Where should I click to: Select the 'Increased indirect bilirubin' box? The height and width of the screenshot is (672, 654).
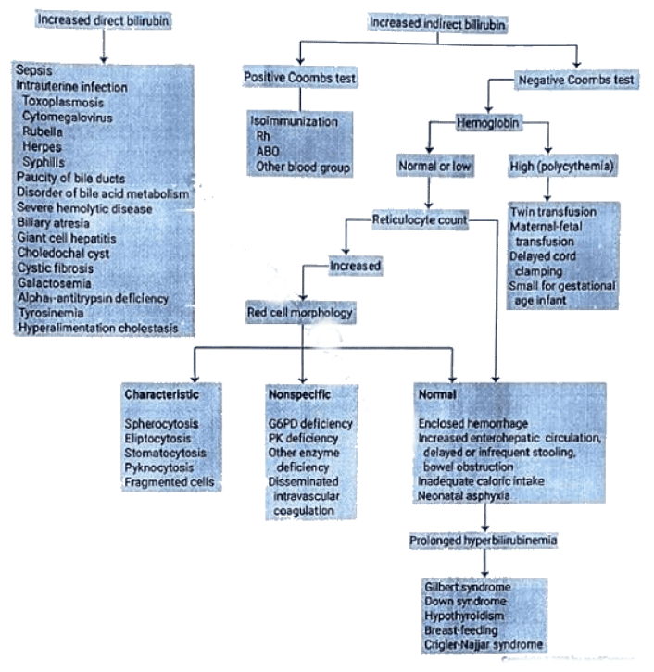[x=437, y=21]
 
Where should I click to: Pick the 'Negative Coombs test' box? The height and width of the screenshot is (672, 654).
[x=576, y=81]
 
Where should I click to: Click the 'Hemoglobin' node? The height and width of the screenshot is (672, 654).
[x=488, y=122]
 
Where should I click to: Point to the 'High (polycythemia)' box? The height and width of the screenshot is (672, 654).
[x=550, y=167]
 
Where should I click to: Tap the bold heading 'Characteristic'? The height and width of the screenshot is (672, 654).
[x=160, y=394]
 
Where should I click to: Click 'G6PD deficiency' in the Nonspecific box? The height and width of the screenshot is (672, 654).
[x=309, y=423]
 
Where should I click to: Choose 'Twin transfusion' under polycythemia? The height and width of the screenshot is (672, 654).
[x=553, y=212]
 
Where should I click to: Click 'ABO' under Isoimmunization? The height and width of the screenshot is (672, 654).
[x=268, y=152]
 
